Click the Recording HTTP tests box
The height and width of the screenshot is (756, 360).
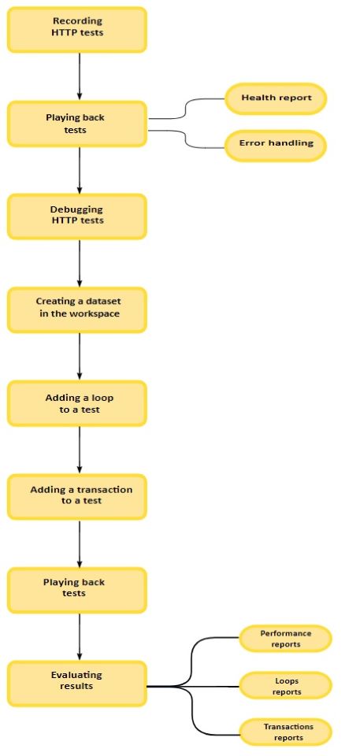(76, 29)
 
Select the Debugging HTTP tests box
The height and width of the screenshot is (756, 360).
(76, 217)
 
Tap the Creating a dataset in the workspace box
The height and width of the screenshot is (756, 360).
(76, 310)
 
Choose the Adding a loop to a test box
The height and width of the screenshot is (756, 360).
(76, 403)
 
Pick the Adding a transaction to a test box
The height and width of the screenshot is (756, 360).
(76, 497)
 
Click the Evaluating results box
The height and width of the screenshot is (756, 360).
(76, 684)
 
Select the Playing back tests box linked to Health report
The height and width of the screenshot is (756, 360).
(76, 124)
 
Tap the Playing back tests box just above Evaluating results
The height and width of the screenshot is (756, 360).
(76, 590)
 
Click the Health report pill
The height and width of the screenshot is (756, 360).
(276, 98)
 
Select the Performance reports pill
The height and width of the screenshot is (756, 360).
(286, 639)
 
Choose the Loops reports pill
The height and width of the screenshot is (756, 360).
(286, 686)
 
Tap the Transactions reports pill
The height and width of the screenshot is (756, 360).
(286, 732)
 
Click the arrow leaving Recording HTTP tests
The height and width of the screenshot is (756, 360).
(80, 76)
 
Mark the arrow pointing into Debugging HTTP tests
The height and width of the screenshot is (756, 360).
(80, 170)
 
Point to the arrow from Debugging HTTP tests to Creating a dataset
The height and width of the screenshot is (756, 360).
(80, 263)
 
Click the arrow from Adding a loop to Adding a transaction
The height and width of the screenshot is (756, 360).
(80, 450)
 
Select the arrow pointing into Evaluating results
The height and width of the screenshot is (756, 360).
(80, 637)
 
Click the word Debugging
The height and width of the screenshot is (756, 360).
(76, 210)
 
